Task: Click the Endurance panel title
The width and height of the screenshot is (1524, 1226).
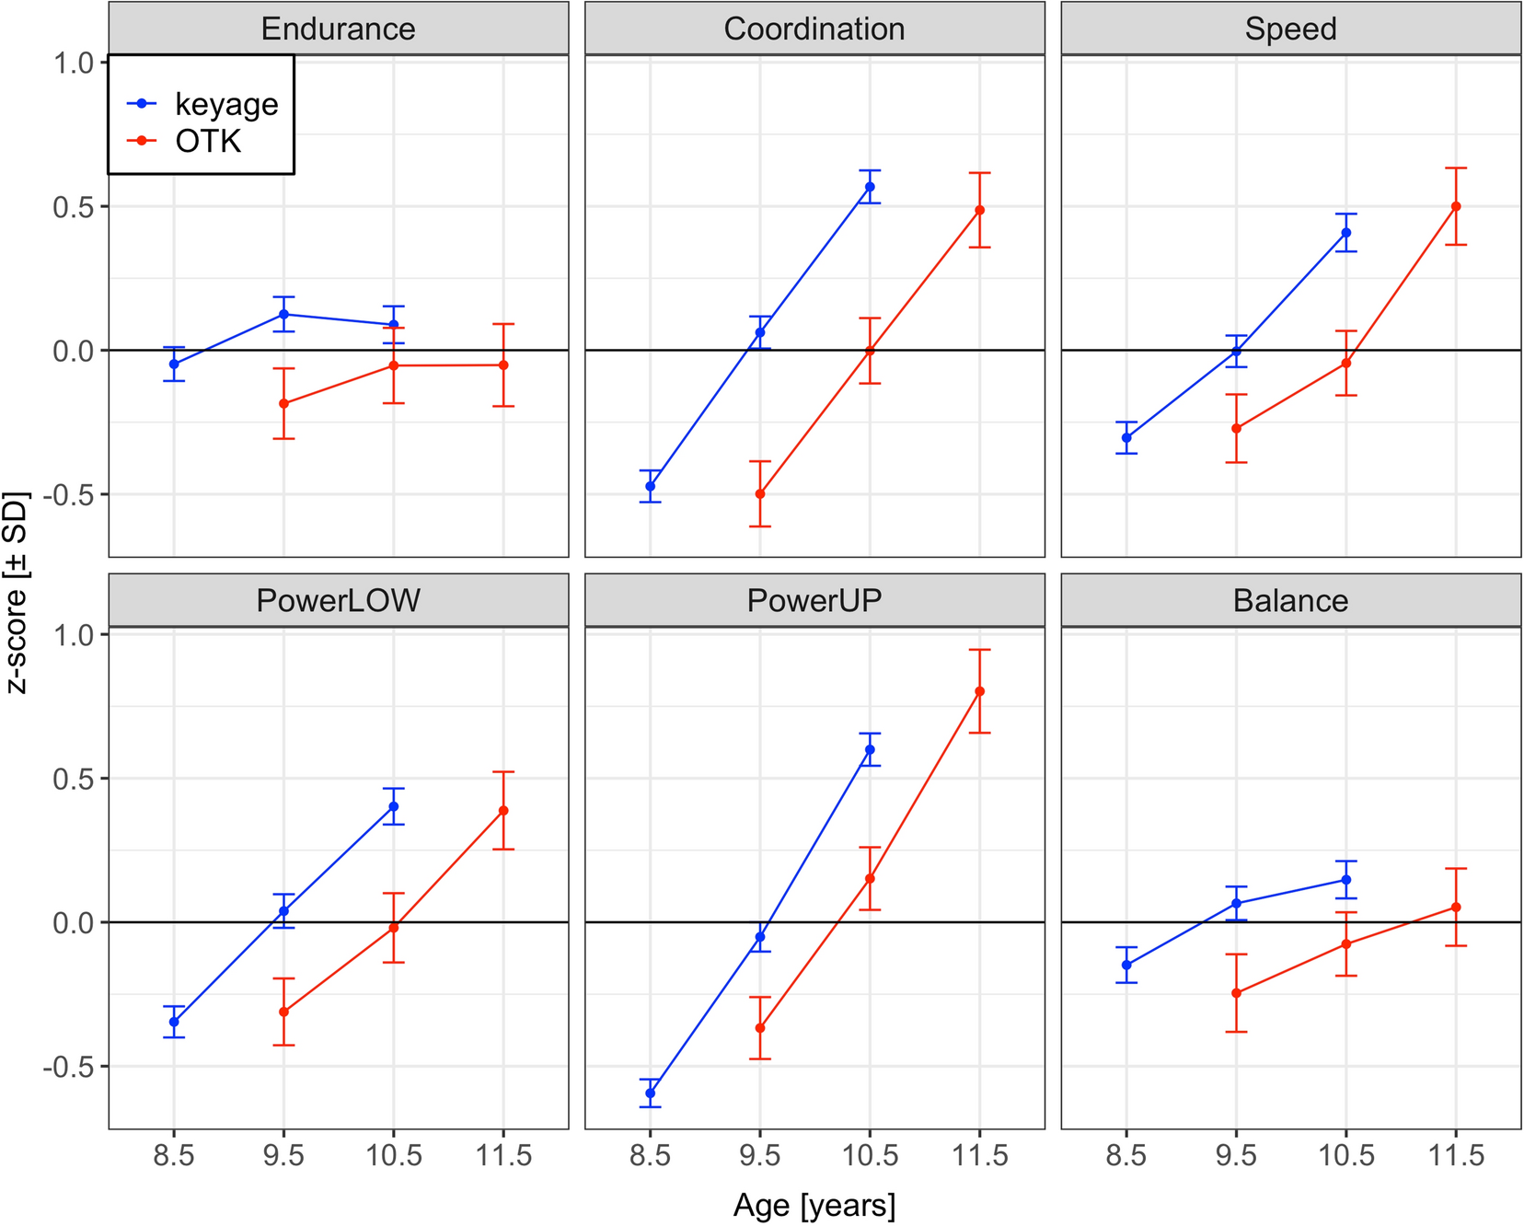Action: point(338,29)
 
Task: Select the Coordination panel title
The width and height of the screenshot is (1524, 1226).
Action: point(814,29)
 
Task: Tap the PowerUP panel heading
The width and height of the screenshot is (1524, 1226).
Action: point(814,600)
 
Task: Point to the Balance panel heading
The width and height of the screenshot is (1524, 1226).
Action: point(1290,600)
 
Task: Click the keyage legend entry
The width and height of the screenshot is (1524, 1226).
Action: point(225,104)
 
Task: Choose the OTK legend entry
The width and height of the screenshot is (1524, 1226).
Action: point(208,141)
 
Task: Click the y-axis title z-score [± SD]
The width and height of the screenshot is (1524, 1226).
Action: point(17,594)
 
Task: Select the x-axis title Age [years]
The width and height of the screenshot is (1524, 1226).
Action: point(814,1205)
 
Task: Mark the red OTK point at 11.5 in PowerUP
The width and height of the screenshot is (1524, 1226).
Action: point(979,691)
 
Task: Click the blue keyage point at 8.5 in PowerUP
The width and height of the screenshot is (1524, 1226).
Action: point(651,1093)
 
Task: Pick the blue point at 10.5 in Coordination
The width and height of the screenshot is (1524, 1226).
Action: point(870,187)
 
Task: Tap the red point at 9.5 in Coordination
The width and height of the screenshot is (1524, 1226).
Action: point(760,494)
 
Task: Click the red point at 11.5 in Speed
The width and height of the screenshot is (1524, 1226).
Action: point(1456,206)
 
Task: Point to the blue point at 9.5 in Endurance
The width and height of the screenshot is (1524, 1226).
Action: point(283,315)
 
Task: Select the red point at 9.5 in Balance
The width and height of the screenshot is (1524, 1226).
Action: point(1236,993)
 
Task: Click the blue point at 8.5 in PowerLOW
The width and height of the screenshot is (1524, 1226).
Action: point(174,1022)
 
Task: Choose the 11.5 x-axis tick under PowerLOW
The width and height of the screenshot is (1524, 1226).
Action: point(503,1155)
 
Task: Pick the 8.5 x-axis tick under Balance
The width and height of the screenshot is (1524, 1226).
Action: point(1126,1155)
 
